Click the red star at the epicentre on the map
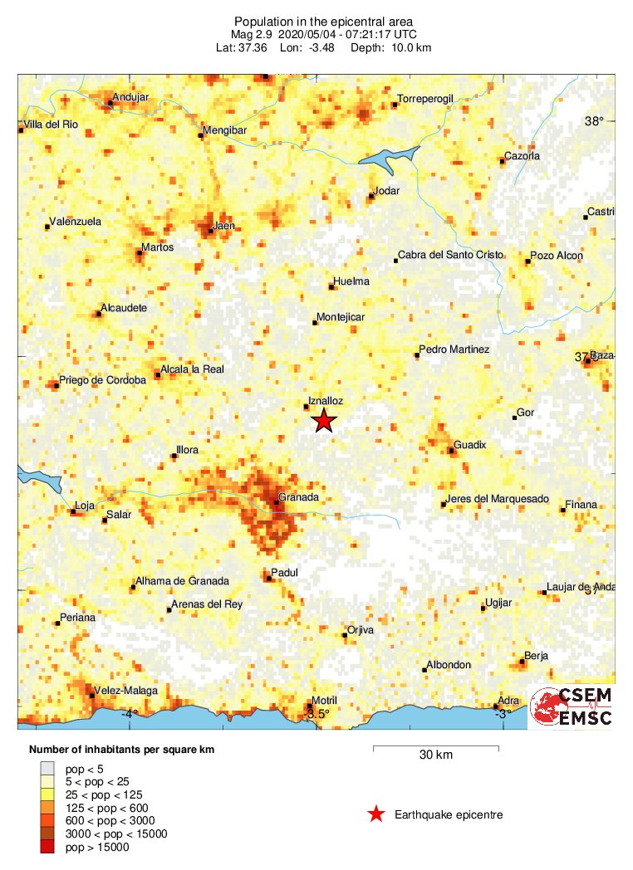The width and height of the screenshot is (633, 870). [x=324, y=421]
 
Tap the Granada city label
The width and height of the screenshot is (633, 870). [x=299, y=497]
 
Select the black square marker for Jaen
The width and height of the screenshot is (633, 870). [x=211, y=232]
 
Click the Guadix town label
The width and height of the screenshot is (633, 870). [x=469, y=446]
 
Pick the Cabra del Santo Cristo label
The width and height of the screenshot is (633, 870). [x=451, y=255]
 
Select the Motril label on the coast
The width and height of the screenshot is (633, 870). [x=324, y=701]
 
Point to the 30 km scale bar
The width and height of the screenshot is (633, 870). [x=435, y=748]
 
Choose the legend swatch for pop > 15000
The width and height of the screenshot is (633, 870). [x=48, y=847]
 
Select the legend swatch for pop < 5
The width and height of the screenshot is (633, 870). [x=48, y=768]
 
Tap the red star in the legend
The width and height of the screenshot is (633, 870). [x=376, y=814]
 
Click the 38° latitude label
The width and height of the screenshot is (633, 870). [x=594, y=121]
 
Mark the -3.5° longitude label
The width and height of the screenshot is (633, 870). [x=316, y=714]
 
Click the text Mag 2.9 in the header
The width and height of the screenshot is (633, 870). [x=253, y=35]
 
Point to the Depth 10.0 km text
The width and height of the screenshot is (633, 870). [x=403, y=47]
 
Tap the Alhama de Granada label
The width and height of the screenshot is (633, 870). [x=183, y=581]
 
